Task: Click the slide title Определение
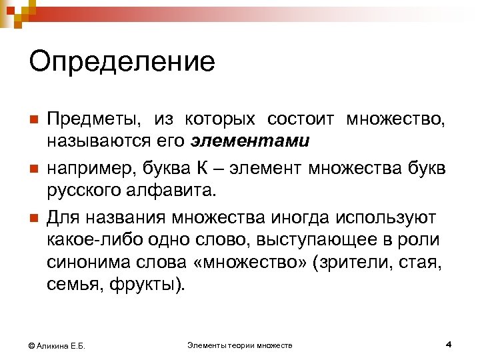pyautogui.click(x=122, y=63)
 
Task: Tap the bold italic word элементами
pyautogui.click(x=250, y=141)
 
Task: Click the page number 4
pyautogui.click(x=449, y=344)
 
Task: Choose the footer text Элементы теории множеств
pyautogui.click(x=240, y=345)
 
